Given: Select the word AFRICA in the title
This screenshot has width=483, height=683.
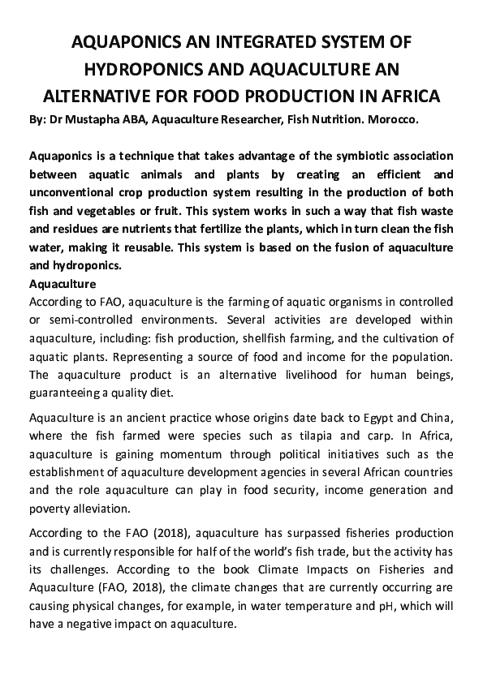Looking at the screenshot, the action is (x=400, y=97).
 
